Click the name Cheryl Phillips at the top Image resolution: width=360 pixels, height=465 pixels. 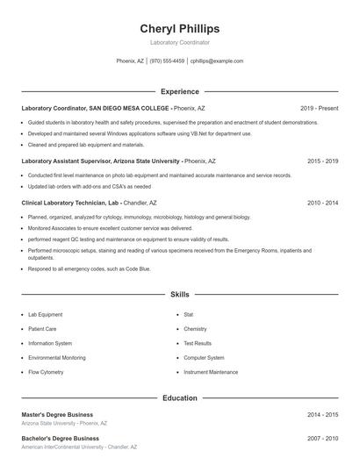click(179, 29)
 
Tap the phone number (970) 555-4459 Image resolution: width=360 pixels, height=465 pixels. click(167, 61)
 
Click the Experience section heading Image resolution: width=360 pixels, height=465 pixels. click(179, 91)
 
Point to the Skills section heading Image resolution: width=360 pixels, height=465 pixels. click(179, 295)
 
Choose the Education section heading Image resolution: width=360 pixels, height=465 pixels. click(179, 398)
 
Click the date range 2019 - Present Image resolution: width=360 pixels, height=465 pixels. click(319, 108)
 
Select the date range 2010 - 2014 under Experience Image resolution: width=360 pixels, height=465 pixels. click(322, 203)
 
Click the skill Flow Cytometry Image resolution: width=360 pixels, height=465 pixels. click(46, 372)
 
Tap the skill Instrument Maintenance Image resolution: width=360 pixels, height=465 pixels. click(211, 372)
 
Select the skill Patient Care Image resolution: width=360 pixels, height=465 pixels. click(42, 329)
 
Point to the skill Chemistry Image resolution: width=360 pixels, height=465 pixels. click(195, 329)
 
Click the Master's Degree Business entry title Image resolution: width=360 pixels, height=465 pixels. click(57, 414)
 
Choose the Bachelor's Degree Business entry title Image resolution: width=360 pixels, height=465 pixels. click(60, 438)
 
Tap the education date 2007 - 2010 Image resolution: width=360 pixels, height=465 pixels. click(322, 438)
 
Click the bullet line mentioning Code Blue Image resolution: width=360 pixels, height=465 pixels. click(89, 269)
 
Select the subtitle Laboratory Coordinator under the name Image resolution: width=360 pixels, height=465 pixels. click(179, 42)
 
